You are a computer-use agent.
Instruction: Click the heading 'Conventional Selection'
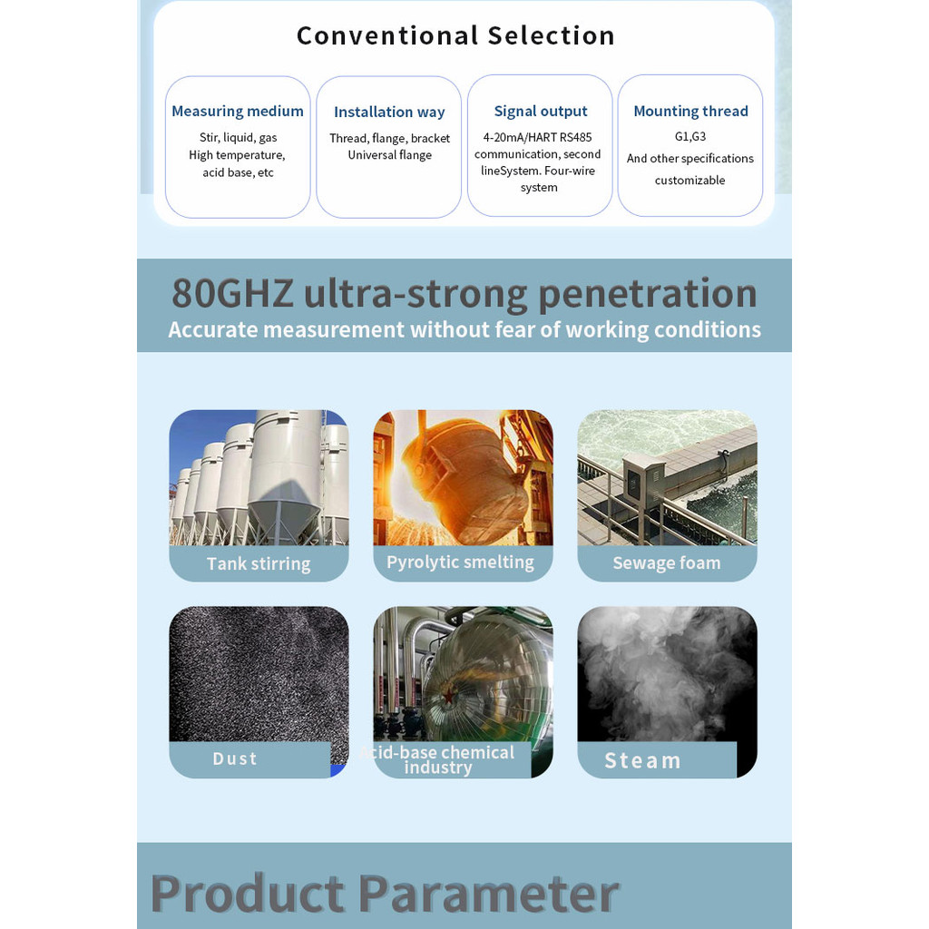tap(455, 35)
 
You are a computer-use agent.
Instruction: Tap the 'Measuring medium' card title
tap(238, 112)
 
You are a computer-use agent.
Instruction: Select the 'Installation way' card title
tap(389, 112)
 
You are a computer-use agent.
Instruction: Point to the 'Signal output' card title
tap(541, 112)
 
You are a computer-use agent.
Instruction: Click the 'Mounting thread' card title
tap(690, 112)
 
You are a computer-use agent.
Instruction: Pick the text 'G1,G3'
tap(690, 137)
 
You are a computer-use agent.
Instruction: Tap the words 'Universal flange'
tap(390, 155)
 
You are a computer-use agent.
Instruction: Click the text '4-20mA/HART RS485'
tap(537, 138)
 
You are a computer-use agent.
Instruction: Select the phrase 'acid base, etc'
tap(239, 172)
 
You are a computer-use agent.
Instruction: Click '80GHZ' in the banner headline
tap(232, 293)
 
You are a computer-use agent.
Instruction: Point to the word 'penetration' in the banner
tap(648, 295)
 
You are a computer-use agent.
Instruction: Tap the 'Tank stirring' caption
tap(259, 563)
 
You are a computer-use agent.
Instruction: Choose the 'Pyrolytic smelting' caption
tap(460, 562)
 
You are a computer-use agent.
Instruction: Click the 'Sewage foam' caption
tap(667, 562)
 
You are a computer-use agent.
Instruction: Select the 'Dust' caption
tap(235, 759)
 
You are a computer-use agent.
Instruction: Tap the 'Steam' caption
tap(642, 761)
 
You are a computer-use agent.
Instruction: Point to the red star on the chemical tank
tap(448, 695)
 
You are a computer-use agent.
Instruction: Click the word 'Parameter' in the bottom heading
tap(489, 894)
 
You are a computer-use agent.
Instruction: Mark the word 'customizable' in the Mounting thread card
tap(689, 181)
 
